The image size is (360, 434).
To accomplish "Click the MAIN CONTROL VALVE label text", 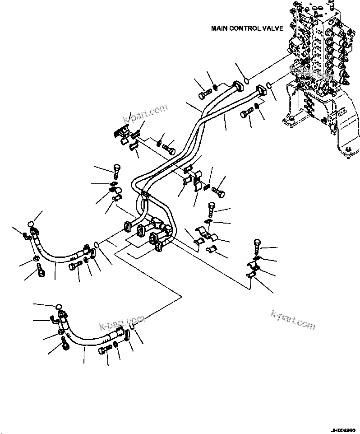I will pyautogui.click(x=247, y=28).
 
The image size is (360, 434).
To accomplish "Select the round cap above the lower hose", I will pyautogui.click(x=58, y=308).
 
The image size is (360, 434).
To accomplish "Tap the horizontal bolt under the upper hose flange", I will pyautogui.click(x=75, y=265).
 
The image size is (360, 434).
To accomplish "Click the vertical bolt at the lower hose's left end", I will pyautogui.click(x=65, y=345).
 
